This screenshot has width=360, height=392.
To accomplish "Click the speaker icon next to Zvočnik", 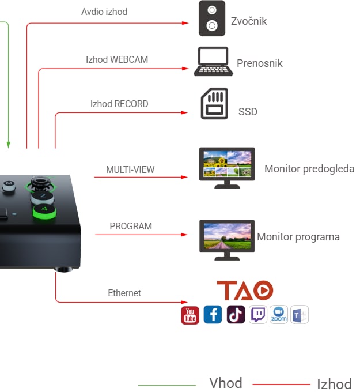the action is (x=212, y=18).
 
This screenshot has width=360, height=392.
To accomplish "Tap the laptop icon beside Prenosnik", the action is (x=213, y=62).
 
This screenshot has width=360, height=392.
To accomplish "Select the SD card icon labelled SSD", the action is (x=214, y=104).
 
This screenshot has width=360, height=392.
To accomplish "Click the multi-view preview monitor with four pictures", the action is (x=227, y=168).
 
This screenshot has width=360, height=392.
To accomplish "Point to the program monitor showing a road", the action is (x=227, y=240).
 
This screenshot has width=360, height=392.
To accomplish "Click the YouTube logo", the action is (x=190, y=315).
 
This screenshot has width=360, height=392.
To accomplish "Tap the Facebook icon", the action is (x=213, y=315).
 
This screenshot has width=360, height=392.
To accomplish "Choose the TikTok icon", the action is (x=236, y=315).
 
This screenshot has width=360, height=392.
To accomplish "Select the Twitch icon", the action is (x=258, y=315).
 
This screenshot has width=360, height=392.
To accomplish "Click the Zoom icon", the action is (x=279, y=315).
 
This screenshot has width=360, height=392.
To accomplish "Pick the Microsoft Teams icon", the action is (x=300, y=315).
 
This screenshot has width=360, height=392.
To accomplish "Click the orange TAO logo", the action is (x=245, y=290).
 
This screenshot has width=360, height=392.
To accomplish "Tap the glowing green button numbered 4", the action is (x=44, y=212).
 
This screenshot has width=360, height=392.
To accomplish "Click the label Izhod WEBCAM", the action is (x=117, y=60).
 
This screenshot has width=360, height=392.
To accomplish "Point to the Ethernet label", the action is (x=124, y=293).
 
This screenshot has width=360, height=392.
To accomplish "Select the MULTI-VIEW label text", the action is (x=130, y=169).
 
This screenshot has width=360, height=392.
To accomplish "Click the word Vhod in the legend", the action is (x=226, y=383).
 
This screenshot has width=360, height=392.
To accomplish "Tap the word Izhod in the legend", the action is (x=334, y=384).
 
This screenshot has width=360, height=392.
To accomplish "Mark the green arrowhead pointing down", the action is (x=8, y=145).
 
